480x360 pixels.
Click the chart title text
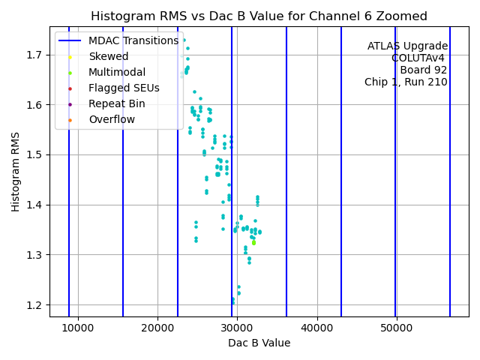259,16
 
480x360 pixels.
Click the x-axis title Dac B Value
259,343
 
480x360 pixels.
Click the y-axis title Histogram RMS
16,171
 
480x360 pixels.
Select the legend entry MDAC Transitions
133,40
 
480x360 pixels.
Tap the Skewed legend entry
108,56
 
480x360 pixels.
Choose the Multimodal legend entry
116,72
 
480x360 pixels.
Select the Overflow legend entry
112,119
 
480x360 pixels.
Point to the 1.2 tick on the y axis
35,305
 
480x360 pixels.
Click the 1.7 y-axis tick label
35,55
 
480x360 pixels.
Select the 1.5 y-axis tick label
35,154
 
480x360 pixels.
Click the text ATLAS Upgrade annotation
407,46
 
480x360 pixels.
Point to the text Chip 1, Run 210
406,82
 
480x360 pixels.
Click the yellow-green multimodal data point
253,242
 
